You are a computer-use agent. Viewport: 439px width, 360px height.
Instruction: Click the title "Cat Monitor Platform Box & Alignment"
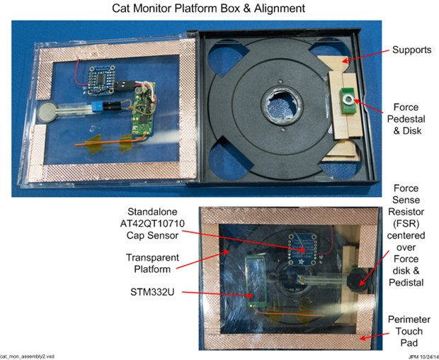(209, 8)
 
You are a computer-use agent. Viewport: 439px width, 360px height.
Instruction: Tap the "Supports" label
(411, 50)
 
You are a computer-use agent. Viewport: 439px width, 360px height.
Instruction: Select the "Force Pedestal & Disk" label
(406, 119)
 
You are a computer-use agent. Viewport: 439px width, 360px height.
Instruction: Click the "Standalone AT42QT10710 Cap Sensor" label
(152, 223)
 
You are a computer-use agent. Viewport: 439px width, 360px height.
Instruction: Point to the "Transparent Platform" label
(152, 263)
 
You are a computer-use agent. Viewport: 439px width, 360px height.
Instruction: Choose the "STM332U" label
(152, 292)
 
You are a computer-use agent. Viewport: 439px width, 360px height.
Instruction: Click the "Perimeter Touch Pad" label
(409, 331)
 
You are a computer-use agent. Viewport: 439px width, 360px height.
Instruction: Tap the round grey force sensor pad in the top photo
(46, 112)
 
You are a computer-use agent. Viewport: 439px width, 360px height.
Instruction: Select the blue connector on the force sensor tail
(97, 106)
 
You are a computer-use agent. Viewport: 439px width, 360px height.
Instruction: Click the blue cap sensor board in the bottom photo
(302, 249)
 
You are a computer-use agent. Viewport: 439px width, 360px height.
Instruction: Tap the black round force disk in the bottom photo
(358, 280)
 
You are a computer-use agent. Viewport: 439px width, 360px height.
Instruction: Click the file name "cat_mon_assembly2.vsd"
(27, 356)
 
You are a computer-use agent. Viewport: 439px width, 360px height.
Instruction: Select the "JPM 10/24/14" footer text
(423, 357)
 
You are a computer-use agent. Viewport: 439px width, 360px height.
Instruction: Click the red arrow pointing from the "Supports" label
(366, 56)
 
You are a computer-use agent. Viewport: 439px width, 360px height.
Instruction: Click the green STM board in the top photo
(144, 109)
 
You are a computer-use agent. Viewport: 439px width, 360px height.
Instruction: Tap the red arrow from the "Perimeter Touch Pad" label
(375, 336)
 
